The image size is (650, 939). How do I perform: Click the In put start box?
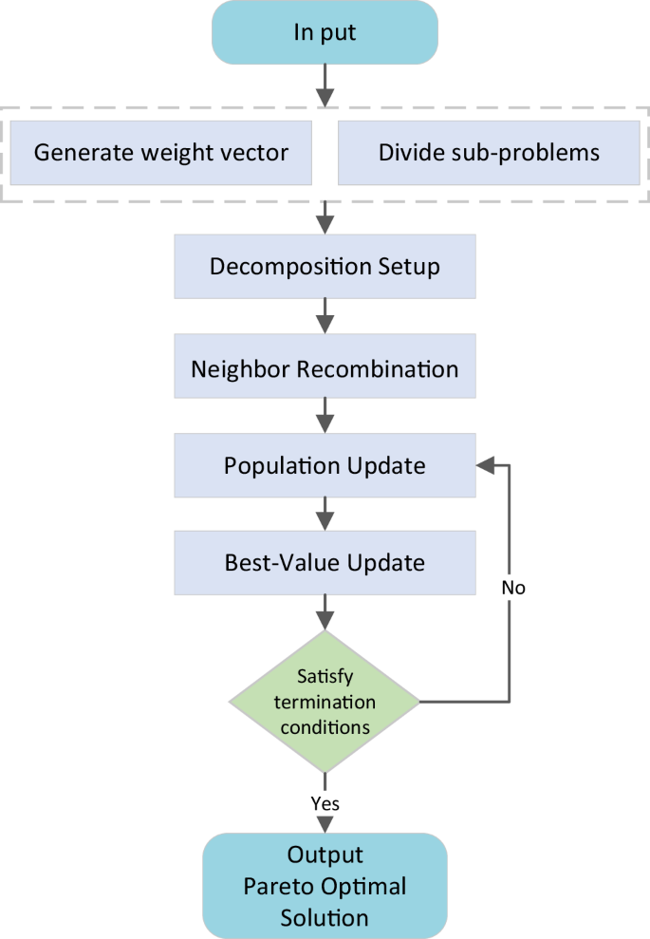point(325,31)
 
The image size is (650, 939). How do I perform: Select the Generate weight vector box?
point(160,152)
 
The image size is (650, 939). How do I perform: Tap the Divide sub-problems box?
point(489,152)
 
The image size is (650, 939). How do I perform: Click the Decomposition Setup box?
point(325,266)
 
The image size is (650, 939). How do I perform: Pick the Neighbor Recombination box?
point(325,368)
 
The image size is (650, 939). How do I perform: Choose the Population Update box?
point(325,466)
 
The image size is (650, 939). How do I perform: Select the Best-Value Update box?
point(325,562)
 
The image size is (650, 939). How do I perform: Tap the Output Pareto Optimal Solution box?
point(325,886)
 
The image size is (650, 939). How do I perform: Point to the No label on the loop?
point(513,588)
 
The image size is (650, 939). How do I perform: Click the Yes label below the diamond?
point(325,803)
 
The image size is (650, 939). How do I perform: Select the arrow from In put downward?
point(325,85)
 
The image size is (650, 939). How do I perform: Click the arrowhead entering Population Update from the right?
point(485,466)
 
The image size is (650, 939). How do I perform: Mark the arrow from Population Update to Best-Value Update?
point(325,514)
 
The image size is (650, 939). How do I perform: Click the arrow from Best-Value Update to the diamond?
point(325,611)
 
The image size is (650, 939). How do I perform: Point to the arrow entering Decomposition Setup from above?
point(325,217)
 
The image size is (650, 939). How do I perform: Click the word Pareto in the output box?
point(278,887)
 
